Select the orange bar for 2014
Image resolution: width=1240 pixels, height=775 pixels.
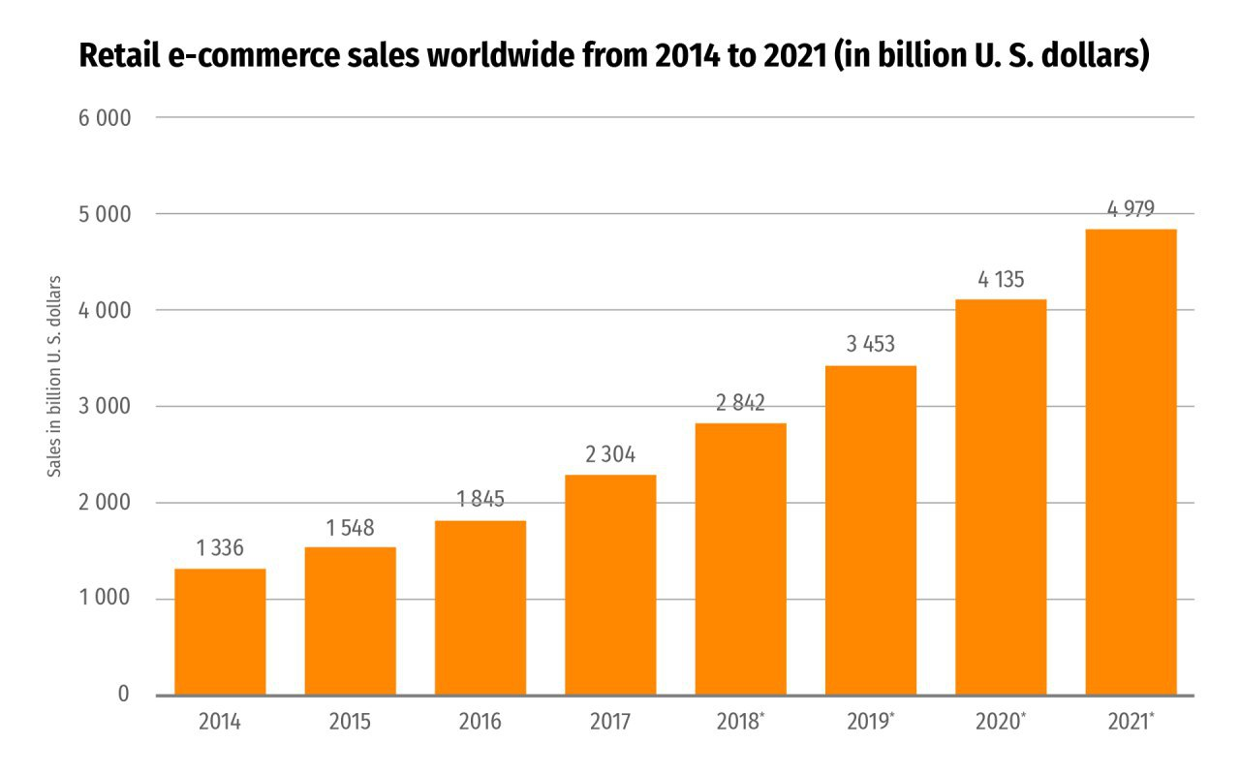(x=220, y=632)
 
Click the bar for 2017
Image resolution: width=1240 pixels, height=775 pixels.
(x=610, y=584)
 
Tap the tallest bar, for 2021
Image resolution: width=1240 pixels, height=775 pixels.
(x=1131, y=462)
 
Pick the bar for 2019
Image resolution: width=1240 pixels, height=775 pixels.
(x=870, y=530)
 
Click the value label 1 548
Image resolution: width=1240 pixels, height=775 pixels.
(x=350, y=529)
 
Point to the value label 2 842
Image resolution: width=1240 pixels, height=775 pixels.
(x=740, y=403)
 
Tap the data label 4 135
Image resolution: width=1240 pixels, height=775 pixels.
(x=1001, y=281)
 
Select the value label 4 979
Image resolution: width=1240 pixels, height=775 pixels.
(x=1131, y=208)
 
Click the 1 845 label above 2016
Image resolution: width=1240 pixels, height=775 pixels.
(x=480, y=500)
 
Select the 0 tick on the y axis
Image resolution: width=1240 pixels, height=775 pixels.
(x=123, y=695)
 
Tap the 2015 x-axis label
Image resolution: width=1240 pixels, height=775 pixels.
(x=350, y=723)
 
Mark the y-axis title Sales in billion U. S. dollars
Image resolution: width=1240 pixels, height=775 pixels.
(x=55, y=376)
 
